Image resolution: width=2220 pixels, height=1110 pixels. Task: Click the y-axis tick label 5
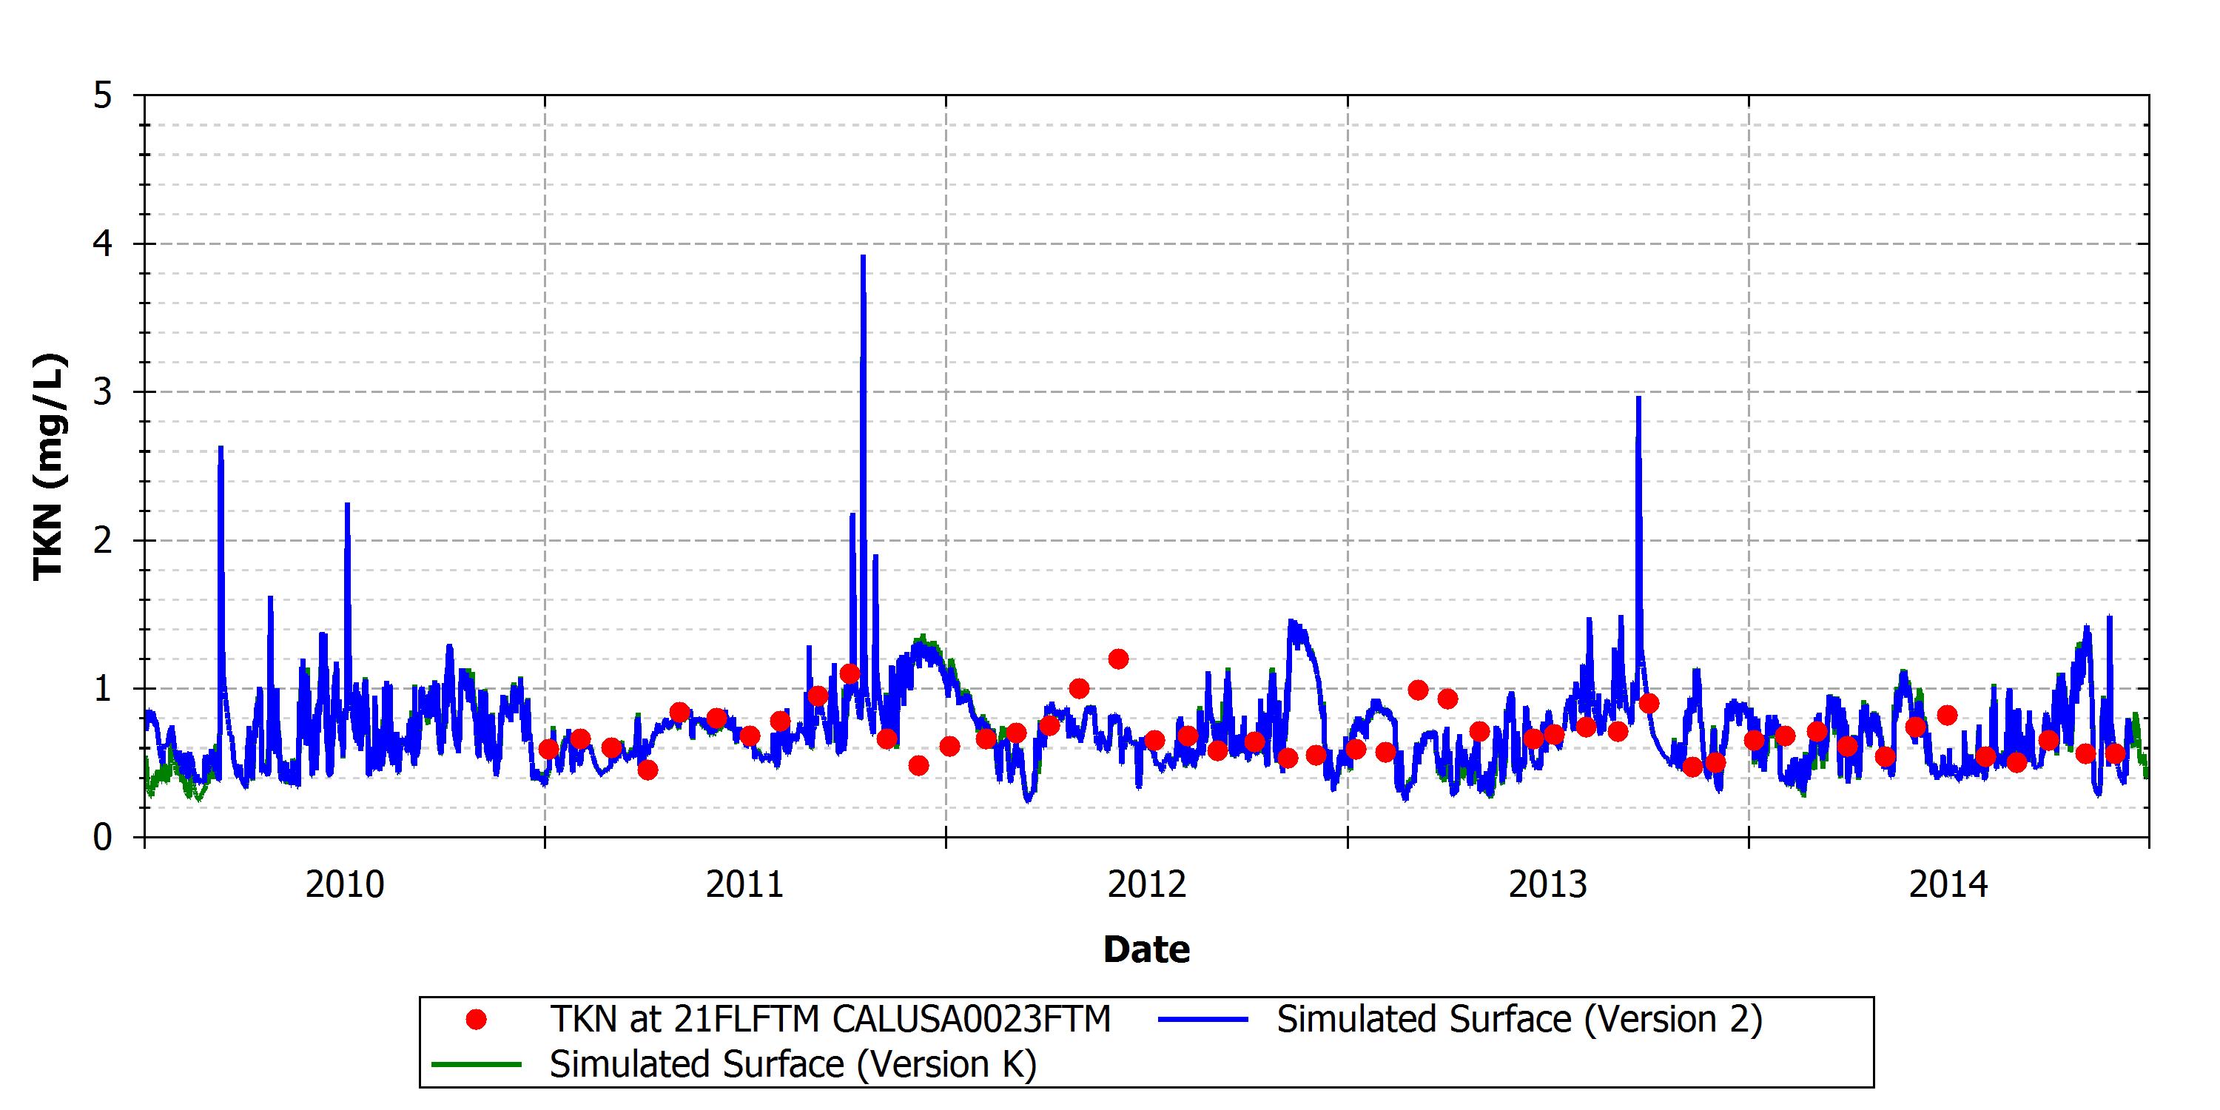coord(104,95)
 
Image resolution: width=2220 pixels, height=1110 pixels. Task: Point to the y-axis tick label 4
coord(104,244)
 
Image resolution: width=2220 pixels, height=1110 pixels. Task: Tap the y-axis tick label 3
coord(104,392)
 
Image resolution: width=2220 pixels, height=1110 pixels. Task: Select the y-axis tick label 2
coord(104,540)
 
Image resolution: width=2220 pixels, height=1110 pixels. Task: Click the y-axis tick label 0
coord(104,837)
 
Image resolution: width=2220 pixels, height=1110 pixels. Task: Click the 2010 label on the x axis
coord(345,885)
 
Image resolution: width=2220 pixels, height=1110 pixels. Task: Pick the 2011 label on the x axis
coord(745,885)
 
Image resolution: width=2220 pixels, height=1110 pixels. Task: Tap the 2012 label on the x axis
coord(1147,885)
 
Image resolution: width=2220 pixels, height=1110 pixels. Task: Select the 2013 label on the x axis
coord(1548,885)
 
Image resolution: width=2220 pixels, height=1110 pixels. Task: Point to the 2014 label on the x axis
coord(1948,885)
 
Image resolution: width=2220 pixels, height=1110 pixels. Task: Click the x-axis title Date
coord(1147,949)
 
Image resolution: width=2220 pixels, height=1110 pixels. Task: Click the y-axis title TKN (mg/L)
coord(48,466)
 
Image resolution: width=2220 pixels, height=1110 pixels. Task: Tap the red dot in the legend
coord(476,1020)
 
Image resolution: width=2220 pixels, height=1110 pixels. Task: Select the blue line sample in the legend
coord(1203,1020)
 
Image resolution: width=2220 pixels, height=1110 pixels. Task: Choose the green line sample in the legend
coord(477,1064)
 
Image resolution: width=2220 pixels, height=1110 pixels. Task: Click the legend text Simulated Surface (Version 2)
coord(1519,1020)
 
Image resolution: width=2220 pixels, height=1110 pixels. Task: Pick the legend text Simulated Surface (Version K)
coord(793,1064)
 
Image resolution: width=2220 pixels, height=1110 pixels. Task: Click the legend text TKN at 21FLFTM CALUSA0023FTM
coord(831,1020)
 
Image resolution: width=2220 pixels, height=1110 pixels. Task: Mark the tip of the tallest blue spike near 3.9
coord(863,256)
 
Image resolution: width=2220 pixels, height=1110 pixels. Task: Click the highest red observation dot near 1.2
coord(1117,659)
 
